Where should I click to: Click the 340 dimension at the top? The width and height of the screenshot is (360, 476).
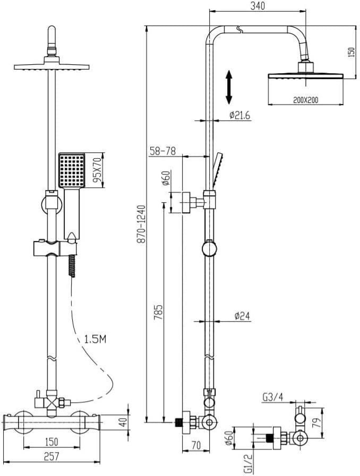click(258, 6)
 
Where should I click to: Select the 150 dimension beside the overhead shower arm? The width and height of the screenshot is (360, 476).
click(351, 53)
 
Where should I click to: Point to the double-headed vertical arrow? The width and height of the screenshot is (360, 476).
click(229, 88)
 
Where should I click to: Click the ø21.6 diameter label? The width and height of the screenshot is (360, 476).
click(239, 115)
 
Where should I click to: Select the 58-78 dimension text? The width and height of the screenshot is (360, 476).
click(162, 151)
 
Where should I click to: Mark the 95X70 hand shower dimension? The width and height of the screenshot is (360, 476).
click(97, 170)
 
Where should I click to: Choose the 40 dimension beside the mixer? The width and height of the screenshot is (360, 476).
click(123, 422)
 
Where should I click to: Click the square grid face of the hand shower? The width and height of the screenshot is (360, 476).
click(71, 169)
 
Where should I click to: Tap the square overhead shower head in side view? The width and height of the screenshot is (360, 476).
click(305, 76)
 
